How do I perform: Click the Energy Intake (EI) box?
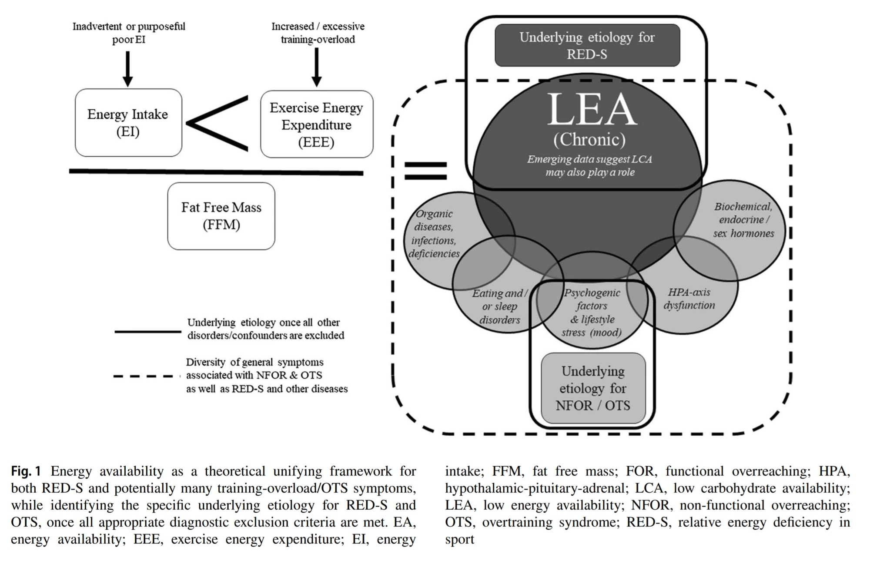[128, 123]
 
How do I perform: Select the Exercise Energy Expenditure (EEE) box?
[316, 124]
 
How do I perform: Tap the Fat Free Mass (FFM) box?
[221, 216]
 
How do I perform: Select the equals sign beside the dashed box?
[425, 171]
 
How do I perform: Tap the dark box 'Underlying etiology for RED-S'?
[587, 45]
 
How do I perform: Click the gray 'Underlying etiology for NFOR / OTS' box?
[592, 388]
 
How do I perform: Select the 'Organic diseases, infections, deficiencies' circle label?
[434, 234]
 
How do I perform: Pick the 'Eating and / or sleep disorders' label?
[500, 306]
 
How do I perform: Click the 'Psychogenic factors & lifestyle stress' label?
[592, 313]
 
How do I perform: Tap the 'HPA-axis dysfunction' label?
[689, 299]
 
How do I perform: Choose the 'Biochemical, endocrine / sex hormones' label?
[743, 220]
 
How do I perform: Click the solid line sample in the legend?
[148, 332]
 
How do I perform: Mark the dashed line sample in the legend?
[147, 376]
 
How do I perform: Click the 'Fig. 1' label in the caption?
[26, 471]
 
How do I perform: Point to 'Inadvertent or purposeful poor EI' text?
[129, 33]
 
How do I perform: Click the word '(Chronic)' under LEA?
[589, 139]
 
